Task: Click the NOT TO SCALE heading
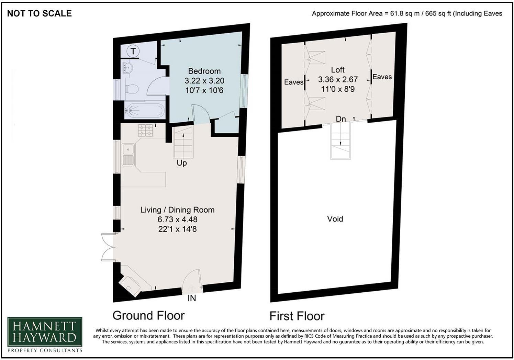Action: (39, 13)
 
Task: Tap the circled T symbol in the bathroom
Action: (133, 51)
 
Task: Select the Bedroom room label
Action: (204, 71)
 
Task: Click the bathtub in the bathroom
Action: (144, 110)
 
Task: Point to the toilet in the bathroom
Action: (132, 90)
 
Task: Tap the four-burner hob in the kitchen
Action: (146, 131)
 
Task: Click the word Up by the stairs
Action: (181, 163)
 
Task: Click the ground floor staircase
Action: (183, 142)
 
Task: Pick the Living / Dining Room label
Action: (177, 210)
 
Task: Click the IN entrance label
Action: (192, 298)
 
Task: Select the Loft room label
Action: (337, 70)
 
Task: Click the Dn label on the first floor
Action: (340, 119)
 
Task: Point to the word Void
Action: (335, 219)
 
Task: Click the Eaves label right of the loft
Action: (382, 77)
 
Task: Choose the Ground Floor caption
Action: (148, 315)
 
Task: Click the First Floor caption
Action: (297, 316)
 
